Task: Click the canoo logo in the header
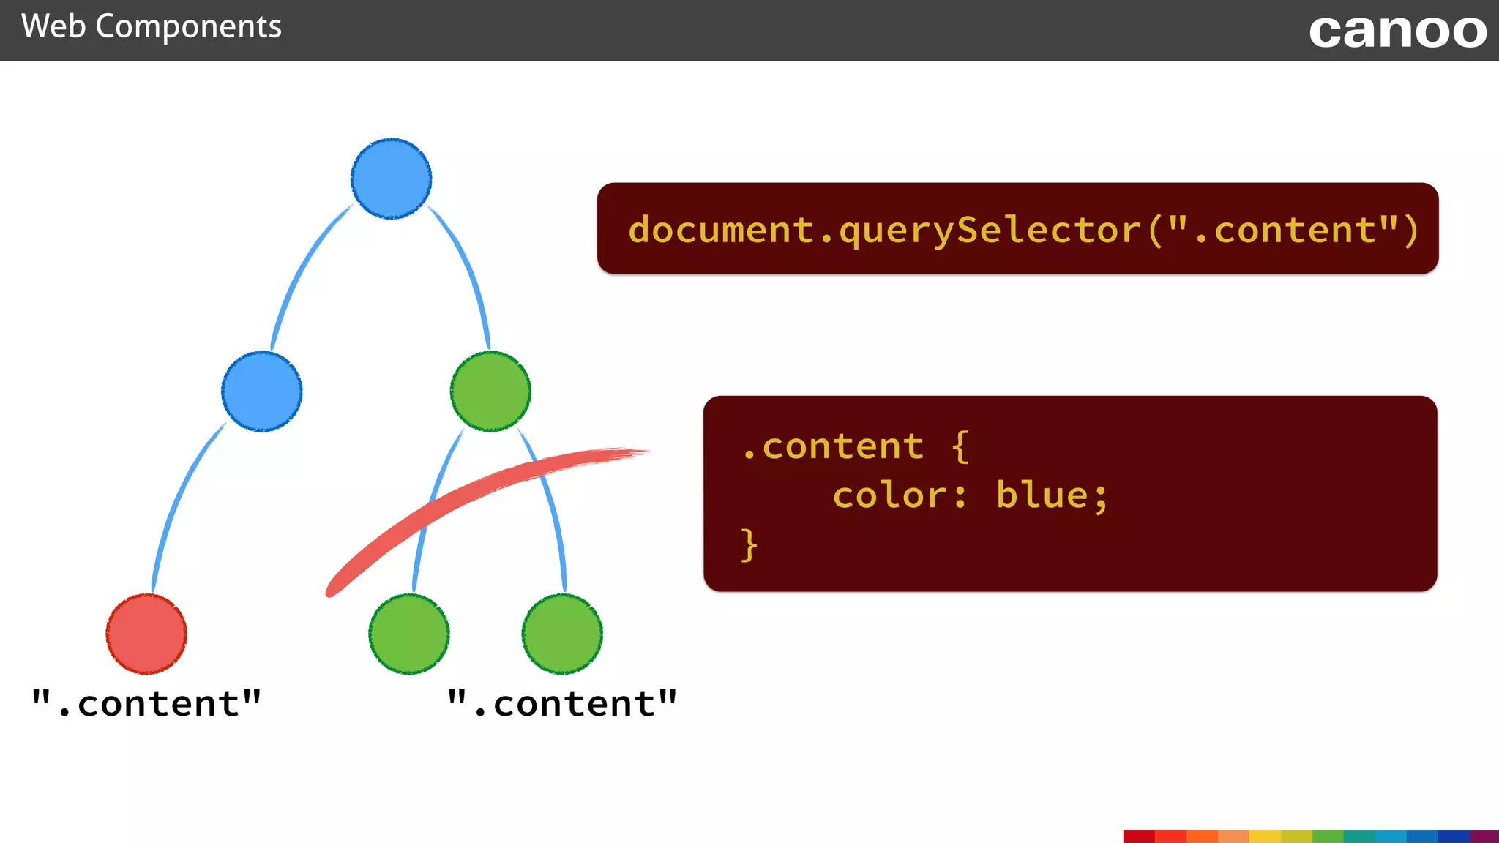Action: coord(1397,31)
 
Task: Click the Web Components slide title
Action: coord(152,27)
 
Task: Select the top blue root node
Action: coord(391,179)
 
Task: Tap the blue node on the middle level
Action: coord(261,391)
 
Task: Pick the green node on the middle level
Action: coord(490,391)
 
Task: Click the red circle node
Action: coord(146,634)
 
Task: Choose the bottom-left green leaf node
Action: coord(408,634)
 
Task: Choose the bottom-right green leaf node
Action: coord(562,634)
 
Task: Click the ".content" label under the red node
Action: coord(146,704)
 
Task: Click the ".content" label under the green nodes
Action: coord(562,704)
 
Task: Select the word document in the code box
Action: coord(721,230)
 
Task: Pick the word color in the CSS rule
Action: coord(891,496)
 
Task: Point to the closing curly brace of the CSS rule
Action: coord(748,545)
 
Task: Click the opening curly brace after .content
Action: coord(961,446)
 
